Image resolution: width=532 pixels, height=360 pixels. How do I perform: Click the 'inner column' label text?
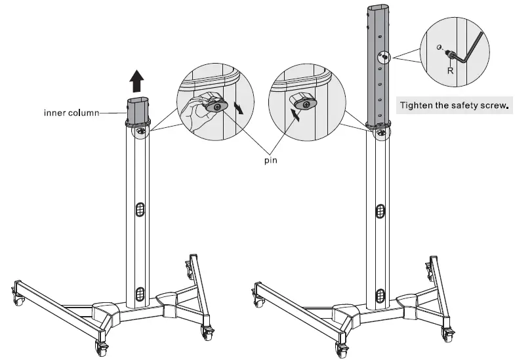click(71, 113)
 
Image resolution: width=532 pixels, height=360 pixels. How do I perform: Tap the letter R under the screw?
click(450, 70)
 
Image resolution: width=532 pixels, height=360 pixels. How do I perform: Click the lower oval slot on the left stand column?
click(139, 292)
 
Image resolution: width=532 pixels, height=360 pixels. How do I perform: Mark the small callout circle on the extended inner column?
click(382, 58)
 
